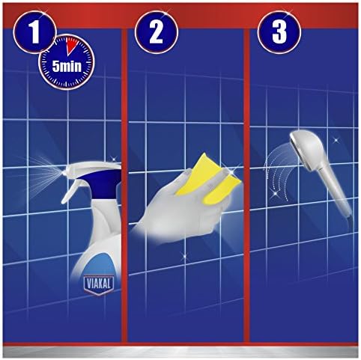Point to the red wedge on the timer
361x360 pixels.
tap(72, 48)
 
